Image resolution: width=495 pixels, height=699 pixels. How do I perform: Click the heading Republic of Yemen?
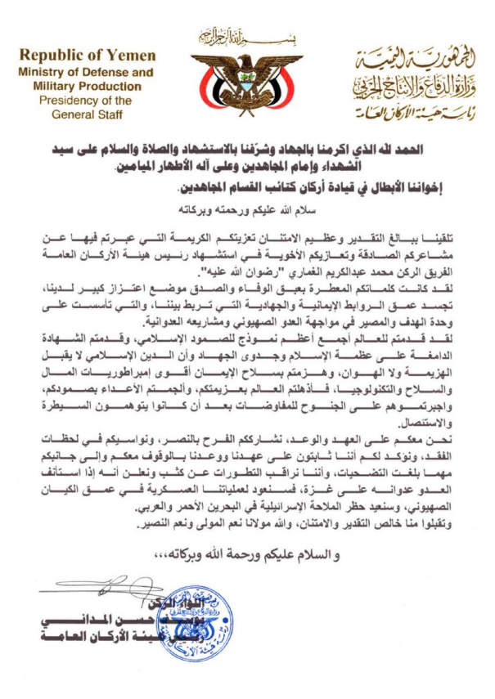[88, 56]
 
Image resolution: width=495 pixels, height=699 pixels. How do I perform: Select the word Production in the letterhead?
[115, 87]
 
